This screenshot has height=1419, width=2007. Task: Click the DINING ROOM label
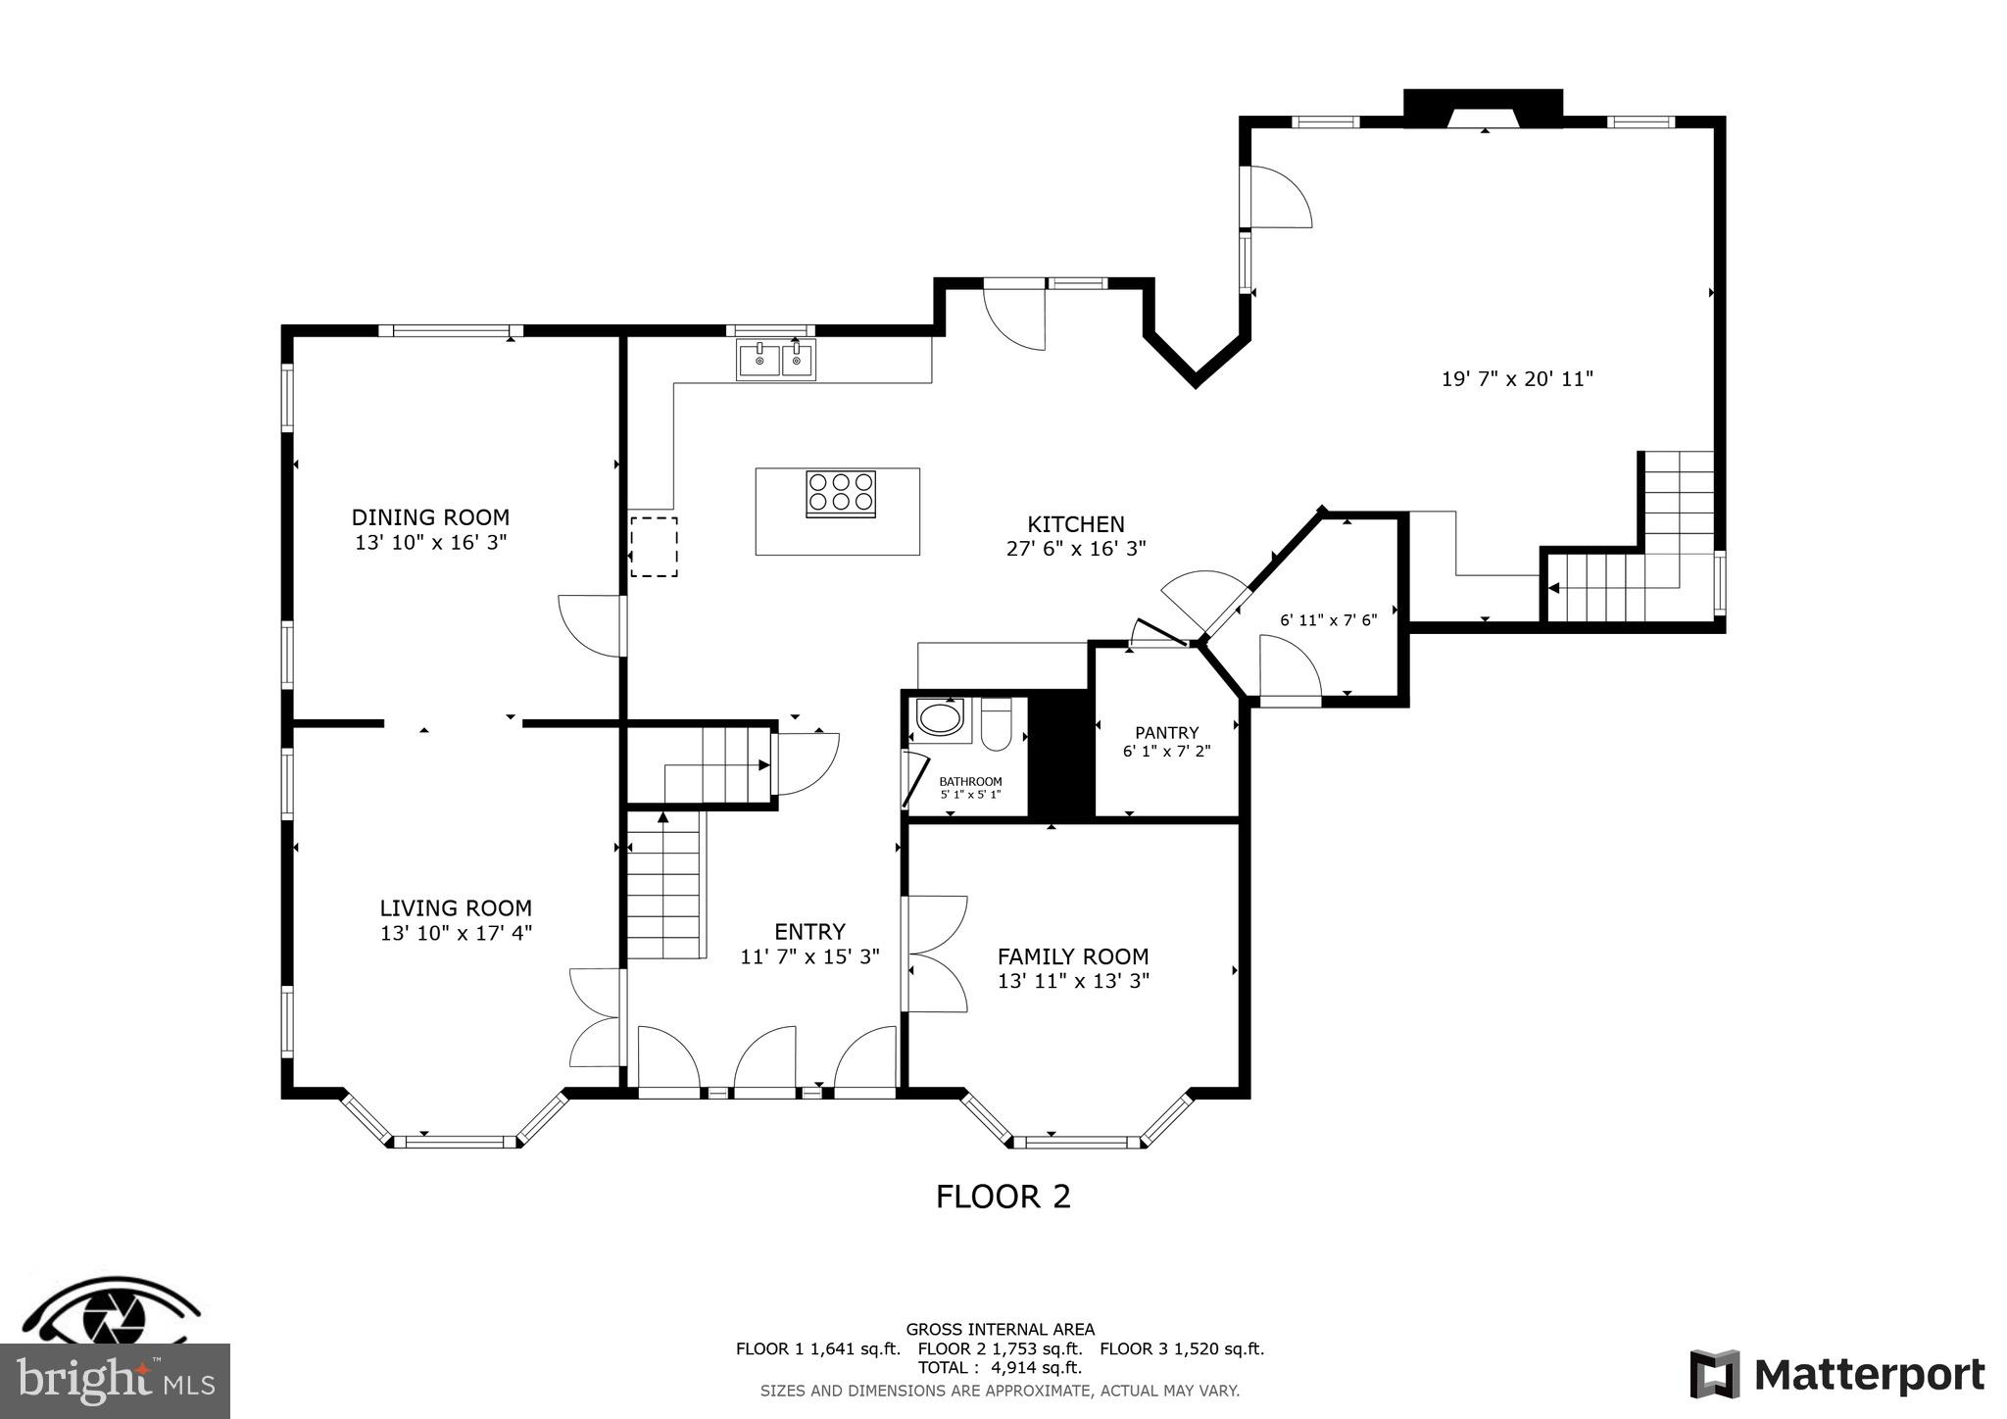(x=430, y=516)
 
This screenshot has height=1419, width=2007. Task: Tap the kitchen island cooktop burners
(x=840, y=493)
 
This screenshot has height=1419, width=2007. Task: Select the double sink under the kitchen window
(x=775, y=360)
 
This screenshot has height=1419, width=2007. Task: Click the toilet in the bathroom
(x=996, y=726)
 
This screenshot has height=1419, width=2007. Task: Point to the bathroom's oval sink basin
(x=940, y=718)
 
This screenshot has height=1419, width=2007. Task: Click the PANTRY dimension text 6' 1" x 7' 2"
(x=1166, y=752)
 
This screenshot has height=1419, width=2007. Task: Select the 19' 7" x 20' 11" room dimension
(x=1517, y=379)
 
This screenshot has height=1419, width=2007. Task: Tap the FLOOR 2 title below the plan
(x=1003, y=1197)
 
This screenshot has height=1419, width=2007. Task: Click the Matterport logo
(x=1837, y=1374)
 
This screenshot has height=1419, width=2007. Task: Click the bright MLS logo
(x=115, y=1381)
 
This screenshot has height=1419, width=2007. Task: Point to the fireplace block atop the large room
(x=1483, y=107)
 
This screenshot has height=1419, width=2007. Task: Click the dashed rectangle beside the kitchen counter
(x=653, y=546)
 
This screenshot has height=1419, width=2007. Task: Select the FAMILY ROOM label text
(x=1073, y=956)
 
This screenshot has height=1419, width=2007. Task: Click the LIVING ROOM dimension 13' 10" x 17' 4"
(x=456, y=934)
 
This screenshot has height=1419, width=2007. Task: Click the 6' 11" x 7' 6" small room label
(x=1328, y=620)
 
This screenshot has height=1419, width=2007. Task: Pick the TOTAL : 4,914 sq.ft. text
(x=1000, y=1367)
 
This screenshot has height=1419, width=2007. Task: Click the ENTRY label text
(x=809, y=931)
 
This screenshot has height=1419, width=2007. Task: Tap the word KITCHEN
(x=1075, y=524)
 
